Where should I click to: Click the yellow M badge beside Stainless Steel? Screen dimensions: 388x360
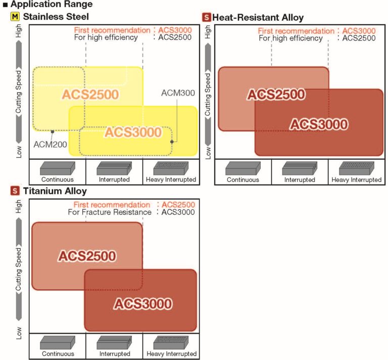click(x=15, y=17)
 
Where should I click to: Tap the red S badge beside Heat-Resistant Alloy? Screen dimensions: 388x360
click(x=206, y=17)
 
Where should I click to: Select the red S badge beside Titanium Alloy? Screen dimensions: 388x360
click(x=15, y=191)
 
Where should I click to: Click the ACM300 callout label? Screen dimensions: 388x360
click(x=178, y=93)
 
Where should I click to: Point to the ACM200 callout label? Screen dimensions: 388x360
click(x=50, y=144)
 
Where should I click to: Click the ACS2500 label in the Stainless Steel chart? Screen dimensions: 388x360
click(x=90, y=95)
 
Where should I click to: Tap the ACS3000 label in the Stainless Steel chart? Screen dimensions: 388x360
click(x=133, y=132)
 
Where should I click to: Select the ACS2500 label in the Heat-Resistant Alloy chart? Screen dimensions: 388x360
click(x=276, y=95)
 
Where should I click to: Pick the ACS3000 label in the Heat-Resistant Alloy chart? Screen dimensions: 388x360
click(x=319, y=124)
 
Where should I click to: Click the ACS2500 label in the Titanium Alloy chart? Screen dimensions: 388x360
click(x=87, y=256)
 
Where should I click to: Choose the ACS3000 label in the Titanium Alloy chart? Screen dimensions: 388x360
click(x=143, y=304)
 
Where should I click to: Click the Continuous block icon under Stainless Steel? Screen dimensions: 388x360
click(x=58, y=168)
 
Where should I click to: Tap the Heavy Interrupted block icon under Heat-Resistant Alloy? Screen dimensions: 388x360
click(x=357, y=168)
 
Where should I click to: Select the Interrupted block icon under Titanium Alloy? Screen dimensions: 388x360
click(x=114, y=343)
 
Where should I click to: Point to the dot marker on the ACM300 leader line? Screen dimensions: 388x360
click(x=172, y=142)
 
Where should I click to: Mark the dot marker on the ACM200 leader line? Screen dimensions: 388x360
click(x=53, y=132)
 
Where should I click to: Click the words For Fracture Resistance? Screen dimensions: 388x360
click(x=110, y=212)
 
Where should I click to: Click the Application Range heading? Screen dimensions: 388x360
click(x=52, y=4)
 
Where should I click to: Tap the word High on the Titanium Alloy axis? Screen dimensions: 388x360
click(x=19, y=207)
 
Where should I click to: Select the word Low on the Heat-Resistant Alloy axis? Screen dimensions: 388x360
click(x=208, y=153)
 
